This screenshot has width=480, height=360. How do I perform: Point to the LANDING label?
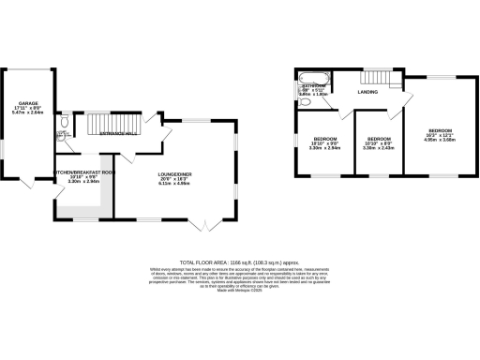click(367, 92)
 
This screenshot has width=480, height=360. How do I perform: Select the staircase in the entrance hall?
click(111, 122)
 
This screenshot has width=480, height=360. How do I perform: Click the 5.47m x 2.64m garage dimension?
click(27, 112)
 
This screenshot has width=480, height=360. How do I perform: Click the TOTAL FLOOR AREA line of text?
click(239, 262)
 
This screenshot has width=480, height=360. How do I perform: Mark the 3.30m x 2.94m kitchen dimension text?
click(84, 183)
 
